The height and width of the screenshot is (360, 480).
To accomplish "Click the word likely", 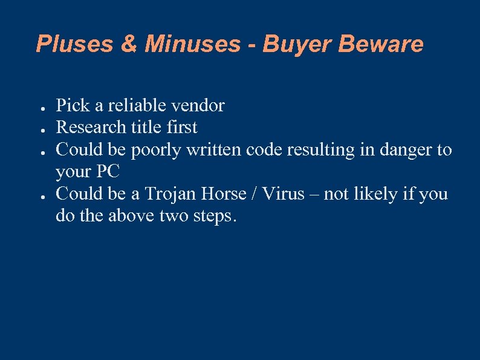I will coord(377,194).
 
